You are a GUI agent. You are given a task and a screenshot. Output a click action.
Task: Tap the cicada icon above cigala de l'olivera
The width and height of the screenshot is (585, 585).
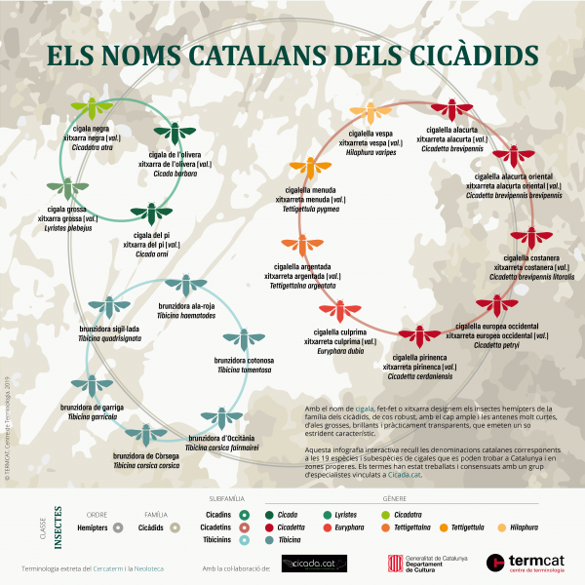point(174,133)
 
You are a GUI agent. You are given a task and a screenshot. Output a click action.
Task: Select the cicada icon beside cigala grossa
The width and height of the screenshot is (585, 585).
point(66,188)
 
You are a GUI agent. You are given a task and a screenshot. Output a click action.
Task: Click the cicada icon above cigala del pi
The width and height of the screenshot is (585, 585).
point(150,214)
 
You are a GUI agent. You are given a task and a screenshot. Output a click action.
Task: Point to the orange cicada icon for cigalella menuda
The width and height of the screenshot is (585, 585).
point(308,169)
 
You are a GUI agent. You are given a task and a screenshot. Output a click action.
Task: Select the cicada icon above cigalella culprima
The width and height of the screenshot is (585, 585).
point(338,312)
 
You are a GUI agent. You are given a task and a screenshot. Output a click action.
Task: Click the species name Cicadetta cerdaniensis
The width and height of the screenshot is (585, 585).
point(420,375)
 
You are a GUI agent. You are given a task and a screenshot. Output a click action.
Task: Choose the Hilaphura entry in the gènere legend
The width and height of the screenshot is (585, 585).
point(523,527)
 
